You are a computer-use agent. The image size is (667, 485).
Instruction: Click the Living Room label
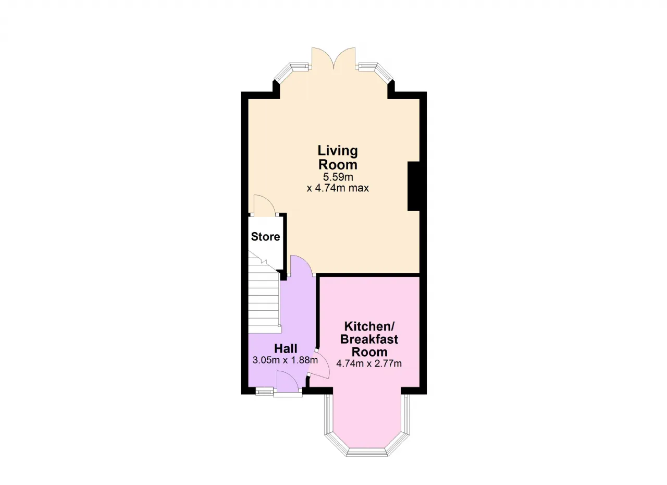click(x=338, y=157)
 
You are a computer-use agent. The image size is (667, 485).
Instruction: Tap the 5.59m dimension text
click(x=338, y=177)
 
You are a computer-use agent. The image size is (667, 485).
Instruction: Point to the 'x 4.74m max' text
click(x=338, y=188)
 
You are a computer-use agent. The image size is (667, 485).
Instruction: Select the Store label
click(x=266, y=237)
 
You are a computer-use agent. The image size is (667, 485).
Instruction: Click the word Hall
click(x=286, y=348)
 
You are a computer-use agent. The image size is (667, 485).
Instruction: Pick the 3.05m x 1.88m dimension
click(x=285, y=360)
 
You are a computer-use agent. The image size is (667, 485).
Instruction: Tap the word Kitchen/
click(x=369, y=326)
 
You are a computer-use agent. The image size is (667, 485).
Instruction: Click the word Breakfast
click(x=369, y=339)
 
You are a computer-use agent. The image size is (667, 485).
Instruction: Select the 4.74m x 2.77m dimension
click(x=369, y=363)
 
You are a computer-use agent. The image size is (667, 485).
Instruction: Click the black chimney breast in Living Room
click(x=413, y=186)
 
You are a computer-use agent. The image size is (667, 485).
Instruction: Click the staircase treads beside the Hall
click(x=264, y=300)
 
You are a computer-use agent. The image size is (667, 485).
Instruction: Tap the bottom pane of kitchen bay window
click(x=367, y=452)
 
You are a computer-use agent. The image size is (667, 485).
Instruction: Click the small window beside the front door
click(x=264, y=392)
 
